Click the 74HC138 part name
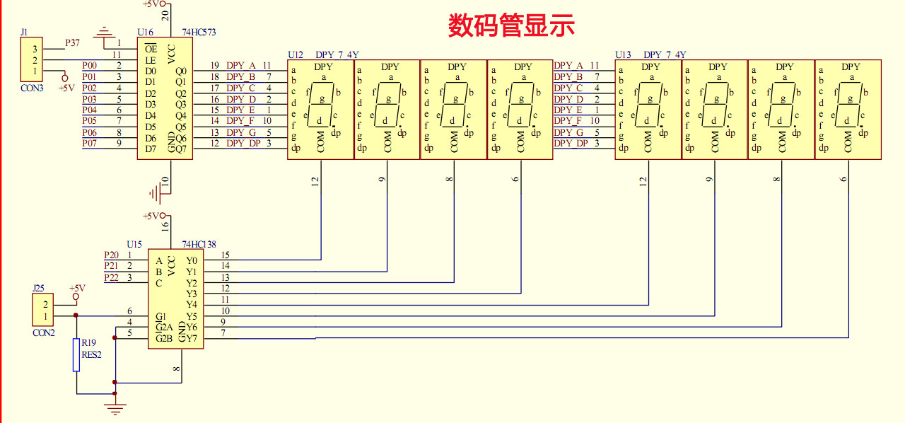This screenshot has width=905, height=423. click(x=198, y=243)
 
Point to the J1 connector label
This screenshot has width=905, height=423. click(x=25, y=33)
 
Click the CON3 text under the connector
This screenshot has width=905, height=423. click(x=32, y=88)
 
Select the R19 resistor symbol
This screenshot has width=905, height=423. click(x=76, y=354)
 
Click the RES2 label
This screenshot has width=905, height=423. click(x=92, y=354)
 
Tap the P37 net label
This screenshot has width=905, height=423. click(x=73, y=43)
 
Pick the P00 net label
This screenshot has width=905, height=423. click(x=89, y=65)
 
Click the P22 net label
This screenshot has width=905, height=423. click(x=111, y=277)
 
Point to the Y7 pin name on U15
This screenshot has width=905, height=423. click(x=192, y=338)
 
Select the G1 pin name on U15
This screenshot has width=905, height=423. click(x=161, y=316)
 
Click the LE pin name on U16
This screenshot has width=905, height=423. click(x=150, y=60)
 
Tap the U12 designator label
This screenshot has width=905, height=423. click(x=296, y=54)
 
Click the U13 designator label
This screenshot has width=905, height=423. click(x=623, y=54)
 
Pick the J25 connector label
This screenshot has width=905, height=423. click(x=39, y=289)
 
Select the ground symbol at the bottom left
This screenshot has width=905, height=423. click(x=115, y=407)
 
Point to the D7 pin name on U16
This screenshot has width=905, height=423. click(x=151, y=149)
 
